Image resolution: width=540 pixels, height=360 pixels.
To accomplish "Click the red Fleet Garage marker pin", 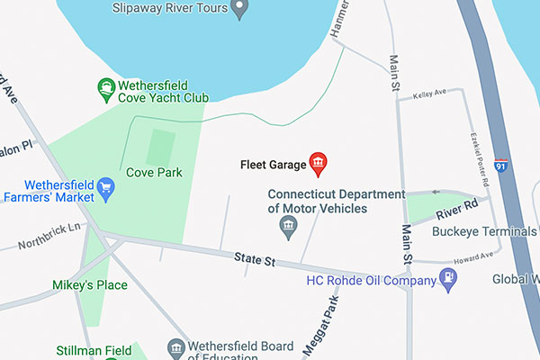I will (318, 162).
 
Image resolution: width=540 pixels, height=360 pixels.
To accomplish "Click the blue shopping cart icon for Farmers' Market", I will (106, 187).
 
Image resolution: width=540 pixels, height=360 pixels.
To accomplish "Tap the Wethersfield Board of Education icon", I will (176, 348).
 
